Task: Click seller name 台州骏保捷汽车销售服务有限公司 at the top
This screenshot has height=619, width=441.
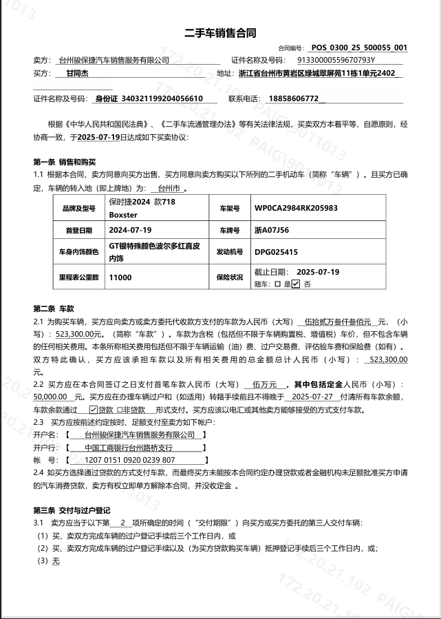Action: (x=114, y=61)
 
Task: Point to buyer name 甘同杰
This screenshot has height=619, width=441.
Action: (x=78, y=73)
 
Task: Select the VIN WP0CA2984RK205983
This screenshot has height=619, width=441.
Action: (x=296, y=207)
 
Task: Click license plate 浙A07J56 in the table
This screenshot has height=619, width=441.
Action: (x=272, y=229)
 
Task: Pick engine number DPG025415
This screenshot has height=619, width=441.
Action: (x=276, y=252)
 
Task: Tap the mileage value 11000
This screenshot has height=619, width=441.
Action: (x=120, y=277)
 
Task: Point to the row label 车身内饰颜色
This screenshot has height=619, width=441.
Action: (x=78, y=252)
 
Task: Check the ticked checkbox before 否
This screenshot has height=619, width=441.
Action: (x=295, y=283)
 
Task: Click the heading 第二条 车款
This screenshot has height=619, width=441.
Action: (x=54, y=308)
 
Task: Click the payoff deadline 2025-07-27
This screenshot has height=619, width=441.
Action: (x=312, y=397)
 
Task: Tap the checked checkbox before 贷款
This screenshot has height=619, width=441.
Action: (x=94, y=409)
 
